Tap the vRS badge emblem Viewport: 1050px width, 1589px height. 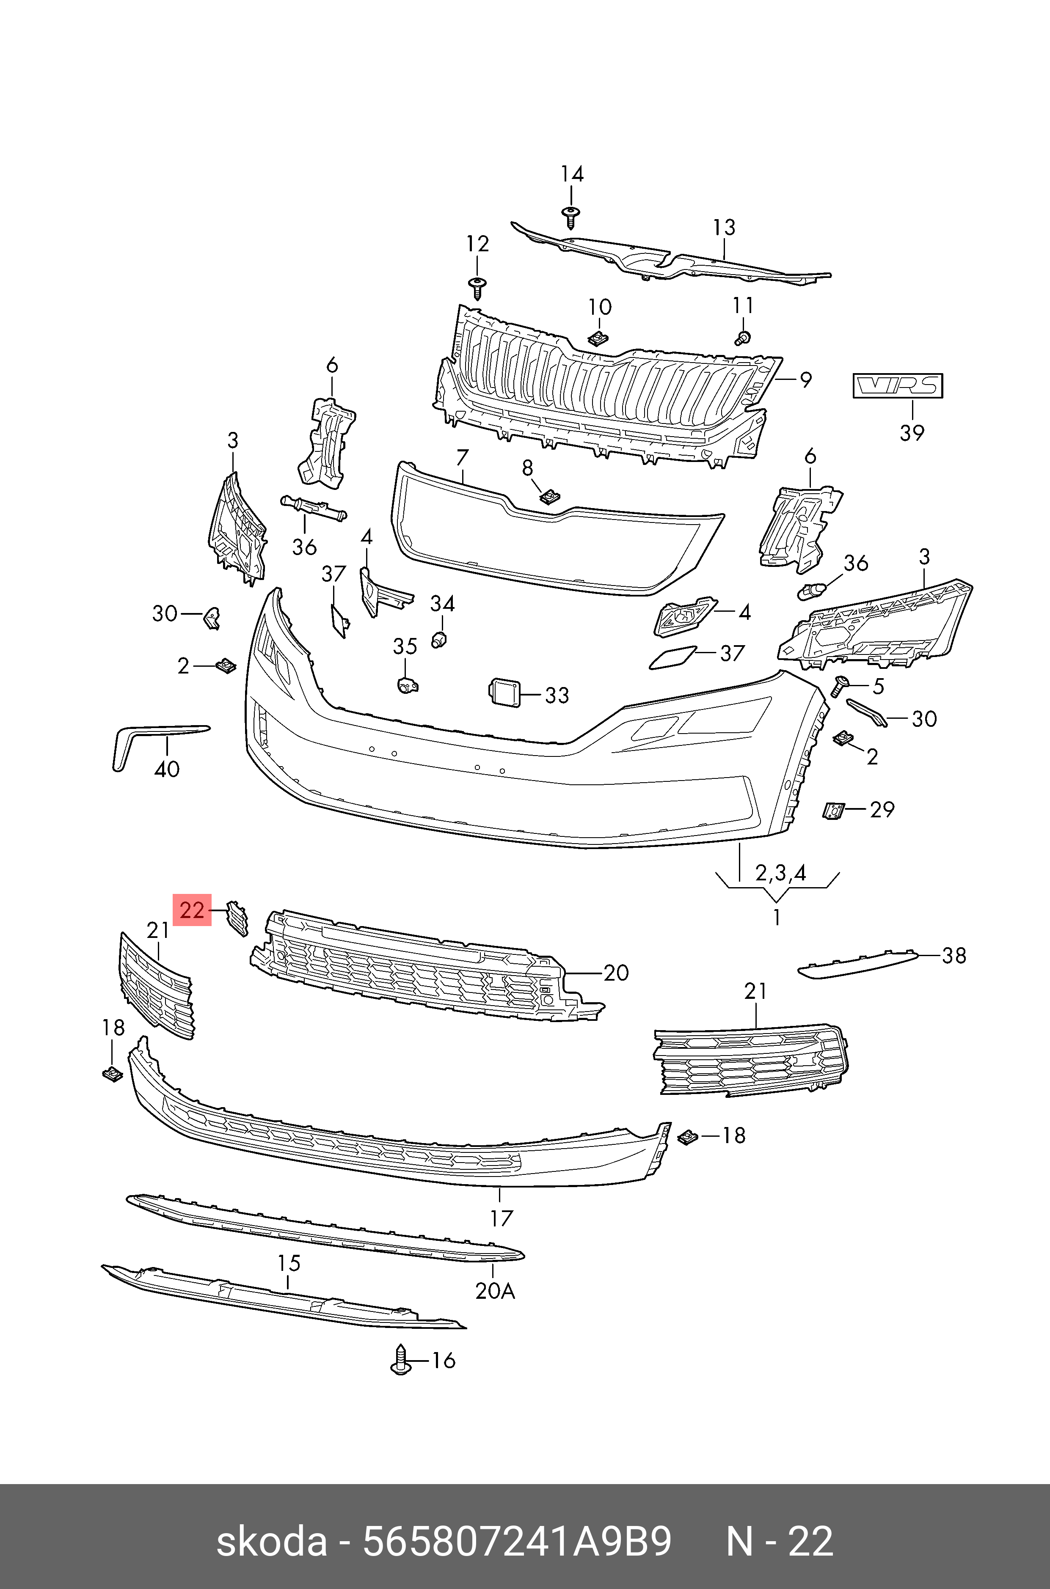click(898, 386)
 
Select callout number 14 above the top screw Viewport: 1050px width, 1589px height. click(572, 175)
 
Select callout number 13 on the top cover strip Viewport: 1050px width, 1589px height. click(724, 228)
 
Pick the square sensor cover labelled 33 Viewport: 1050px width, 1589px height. click(502, 691)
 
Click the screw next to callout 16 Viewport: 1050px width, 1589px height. click(400, 1360)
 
